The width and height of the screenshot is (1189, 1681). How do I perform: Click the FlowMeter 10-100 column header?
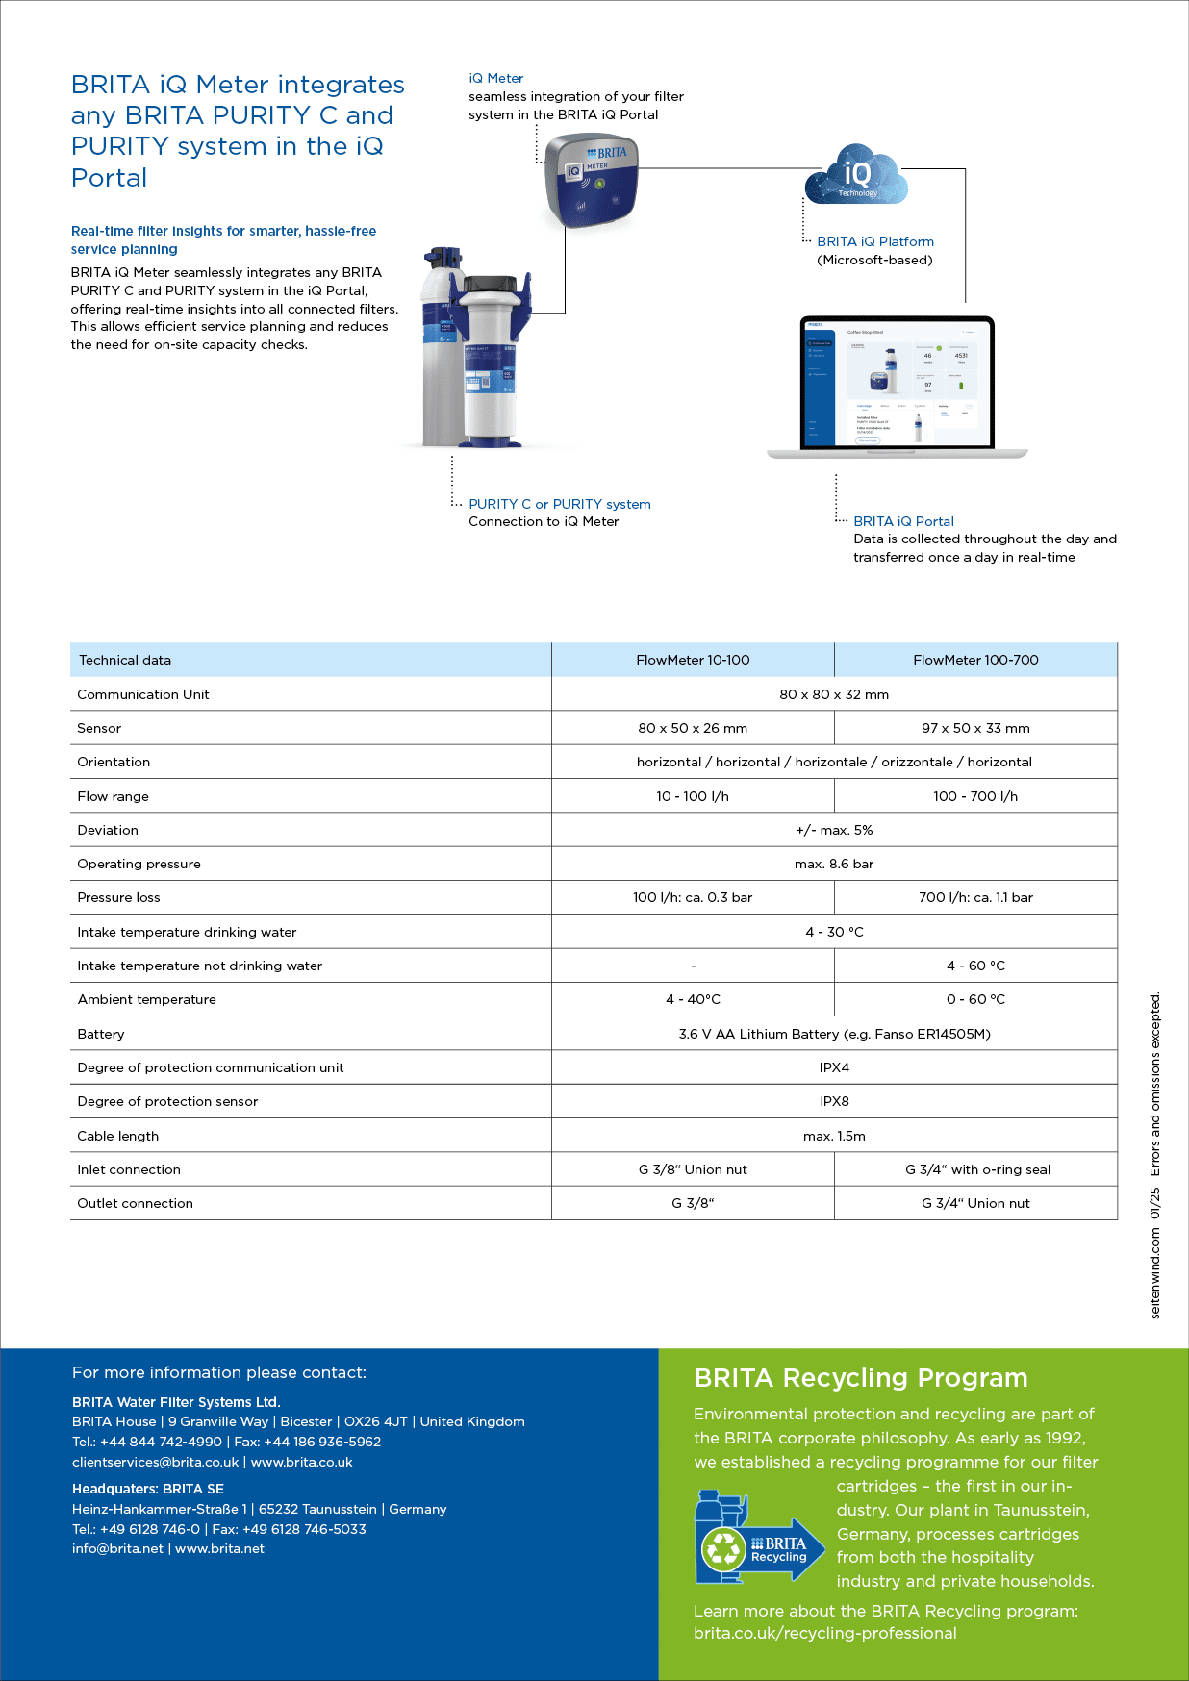(x=693, y=660)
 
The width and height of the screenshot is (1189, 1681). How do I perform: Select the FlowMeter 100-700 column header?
(x=975, y=660)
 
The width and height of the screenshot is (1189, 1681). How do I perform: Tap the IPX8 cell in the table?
(x=834, y=1101)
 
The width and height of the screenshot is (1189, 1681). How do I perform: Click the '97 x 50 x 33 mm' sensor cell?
(x=975, y=728)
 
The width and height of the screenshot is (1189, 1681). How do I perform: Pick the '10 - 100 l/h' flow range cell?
(x=693, y=796)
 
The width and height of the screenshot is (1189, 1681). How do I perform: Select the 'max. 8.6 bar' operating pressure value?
(x=834, y=864)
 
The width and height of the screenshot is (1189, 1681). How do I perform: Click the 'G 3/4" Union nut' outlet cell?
(x=975, y=1203)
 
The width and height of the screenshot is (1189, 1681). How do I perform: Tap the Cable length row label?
(x=118, y=1136)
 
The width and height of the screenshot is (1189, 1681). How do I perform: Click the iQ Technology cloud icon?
(x=856, y=175)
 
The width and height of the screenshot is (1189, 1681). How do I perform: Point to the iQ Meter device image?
(x=592, y=178)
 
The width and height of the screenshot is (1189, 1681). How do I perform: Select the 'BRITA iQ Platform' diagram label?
(x=875, y=241)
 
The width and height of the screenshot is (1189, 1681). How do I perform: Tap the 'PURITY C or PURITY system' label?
(x=560, y=504)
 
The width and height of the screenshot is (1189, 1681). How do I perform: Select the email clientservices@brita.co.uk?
(x=156, y=1462)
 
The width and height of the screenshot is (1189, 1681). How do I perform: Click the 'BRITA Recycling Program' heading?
(x=861, y=1378)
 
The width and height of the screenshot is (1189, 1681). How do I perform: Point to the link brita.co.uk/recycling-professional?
(x=825, y=1633)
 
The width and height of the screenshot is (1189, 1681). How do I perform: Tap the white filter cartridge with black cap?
(x=493, y=361)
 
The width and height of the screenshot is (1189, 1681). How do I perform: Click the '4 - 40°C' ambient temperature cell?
(x=693, y=999)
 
